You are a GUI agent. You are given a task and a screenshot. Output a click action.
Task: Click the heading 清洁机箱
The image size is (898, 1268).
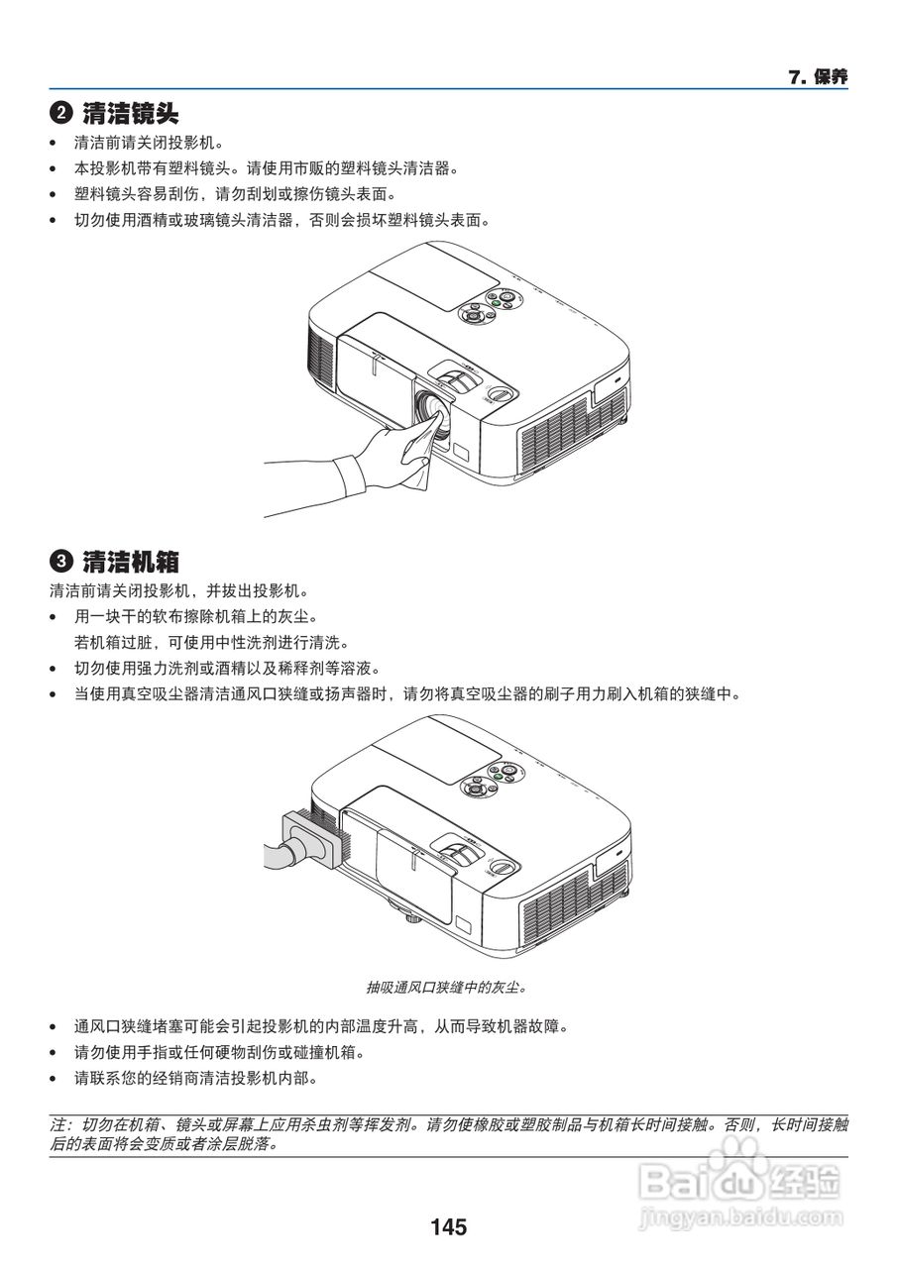click(131, 562)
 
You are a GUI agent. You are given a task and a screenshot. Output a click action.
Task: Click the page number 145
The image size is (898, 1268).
click(448, 1227)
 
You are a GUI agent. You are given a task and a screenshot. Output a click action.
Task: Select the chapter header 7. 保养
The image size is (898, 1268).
click(818, 77)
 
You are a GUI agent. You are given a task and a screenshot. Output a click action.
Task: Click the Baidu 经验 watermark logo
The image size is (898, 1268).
click(743, 1179)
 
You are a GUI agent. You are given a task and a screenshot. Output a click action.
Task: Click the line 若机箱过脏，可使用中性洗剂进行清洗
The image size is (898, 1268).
click(212, 642)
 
